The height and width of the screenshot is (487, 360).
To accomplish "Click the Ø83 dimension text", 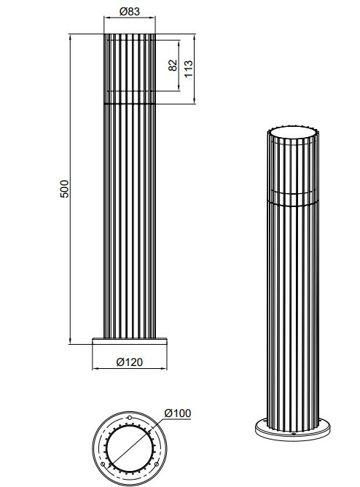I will [x=130, y=12].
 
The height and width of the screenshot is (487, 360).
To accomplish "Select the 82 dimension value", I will [x=172, y=64].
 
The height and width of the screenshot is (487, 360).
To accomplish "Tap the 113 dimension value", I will [x=188, y=69].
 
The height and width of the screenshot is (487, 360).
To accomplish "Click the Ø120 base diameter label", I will [x=130, y=360].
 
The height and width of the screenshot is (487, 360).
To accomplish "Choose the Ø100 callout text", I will [x=178, y=413].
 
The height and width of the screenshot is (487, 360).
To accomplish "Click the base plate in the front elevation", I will [x=130, y=341].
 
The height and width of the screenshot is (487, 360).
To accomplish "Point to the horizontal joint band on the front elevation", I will [x=130, y=104].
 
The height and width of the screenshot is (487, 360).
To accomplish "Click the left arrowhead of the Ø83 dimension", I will [x=106, y=20].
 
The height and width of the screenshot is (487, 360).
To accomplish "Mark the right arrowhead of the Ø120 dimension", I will [x=168, y=367].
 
